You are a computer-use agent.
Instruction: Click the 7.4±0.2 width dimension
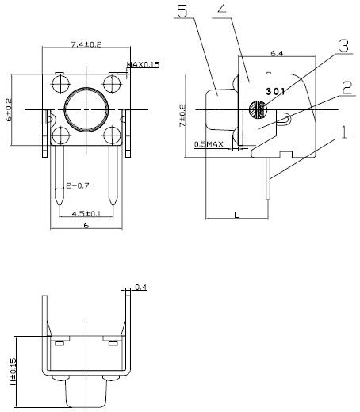(x=86, y=44)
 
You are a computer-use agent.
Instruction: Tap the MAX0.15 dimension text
(x=143, y=64)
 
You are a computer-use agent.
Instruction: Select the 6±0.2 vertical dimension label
(x=9, y=109)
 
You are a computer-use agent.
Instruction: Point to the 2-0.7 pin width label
(x=78, y=185)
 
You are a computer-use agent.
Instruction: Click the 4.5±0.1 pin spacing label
(x=86, y=213)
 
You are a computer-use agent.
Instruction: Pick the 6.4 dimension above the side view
(x=277, y=53)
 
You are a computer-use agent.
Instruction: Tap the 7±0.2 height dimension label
(x=182, y=116)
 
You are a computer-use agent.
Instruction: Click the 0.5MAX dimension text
(x=209, y=144)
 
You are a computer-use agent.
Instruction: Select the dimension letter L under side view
(x=237, y=216)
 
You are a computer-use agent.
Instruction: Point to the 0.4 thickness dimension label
(x=141, y=287)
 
